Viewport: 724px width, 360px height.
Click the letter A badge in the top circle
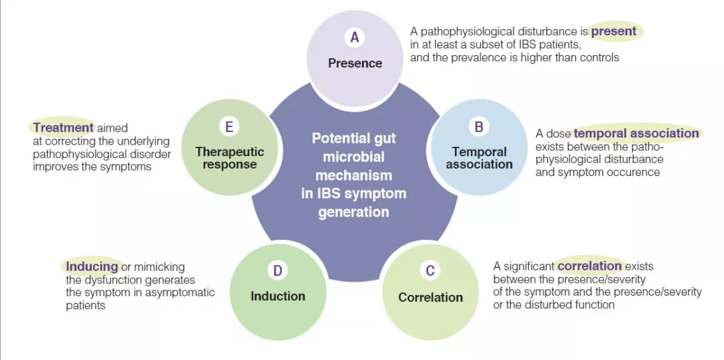[x=355, y=38]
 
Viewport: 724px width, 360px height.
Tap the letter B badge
[x=479, y=126]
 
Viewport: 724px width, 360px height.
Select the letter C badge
[x=430, y=270]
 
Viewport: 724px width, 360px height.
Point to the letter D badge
[x=278, y=270]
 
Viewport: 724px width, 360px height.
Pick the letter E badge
[x=229, y=126]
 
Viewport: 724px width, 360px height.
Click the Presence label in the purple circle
[x=355, y=63]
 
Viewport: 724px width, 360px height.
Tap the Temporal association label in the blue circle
[x=479, y=158]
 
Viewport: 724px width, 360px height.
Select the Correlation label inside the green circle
[x=430, y=297]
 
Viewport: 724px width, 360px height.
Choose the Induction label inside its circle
[x=278, y=296]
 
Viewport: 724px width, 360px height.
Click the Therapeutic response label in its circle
[x=229, y=158]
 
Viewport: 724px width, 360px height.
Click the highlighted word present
[x=614, y=31]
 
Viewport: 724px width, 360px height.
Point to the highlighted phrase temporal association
[x=636, y=134]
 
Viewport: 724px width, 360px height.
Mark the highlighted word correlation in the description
[x=590, y=266]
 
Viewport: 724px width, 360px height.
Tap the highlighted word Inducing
[x=92, y=266]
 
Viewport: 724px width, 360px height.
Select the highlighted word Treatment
[x=64, y=128]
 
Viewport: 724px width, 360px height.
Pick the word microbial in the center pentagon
[x=353, y=157]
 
